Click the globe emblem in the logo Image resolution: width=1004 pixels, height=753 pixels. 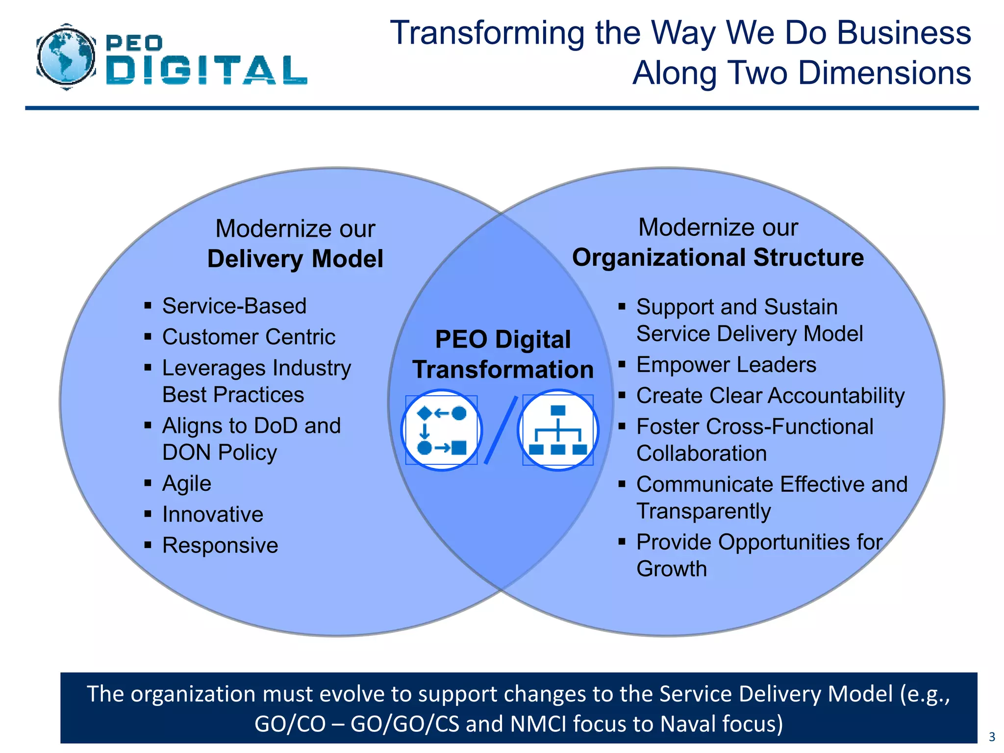[x=66, y=57]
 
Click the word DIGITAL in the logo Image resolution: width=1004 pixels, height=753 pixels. [x=206, y=70]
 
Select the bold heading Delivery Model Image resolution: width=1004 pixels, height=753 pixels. [x=295, y=259]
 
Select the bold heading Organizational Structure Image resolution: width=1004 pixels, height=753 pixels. [x=718, y=257]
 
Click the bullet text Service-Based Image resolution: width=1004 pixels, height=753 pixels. [x=234, y=306]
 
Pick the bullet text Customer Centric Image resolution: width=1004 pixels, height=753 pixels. [x=249, y=337]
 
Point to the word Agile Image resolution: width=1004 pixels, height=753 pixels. [x=187, y=483]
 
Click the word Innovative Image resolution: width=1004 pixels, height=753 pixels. [x=213, y=514]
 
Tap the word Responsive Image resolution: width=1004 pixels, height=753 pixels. [x=220, y=545]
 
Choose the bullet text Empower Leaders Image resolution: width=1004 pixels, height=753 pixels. [x=726, y=365]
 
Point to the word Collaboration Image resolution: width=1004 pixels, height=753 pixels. [x=702, y=453]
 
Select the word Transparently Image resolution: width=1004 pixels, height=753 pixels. [x=703, y=511]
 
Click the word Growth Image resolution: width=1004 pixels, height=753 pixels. [x=672, y=569]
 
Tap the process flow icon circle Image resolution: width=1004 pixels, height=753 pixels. [x=442, y=430]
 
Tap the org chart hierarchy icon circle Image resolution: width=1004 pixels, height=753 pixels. [x=558, y=430]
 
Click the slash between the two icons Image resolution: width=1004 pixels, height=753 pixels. [x=501, y=430]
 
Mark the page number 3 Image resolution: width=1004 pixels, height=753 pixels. [x=992, y=737]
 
